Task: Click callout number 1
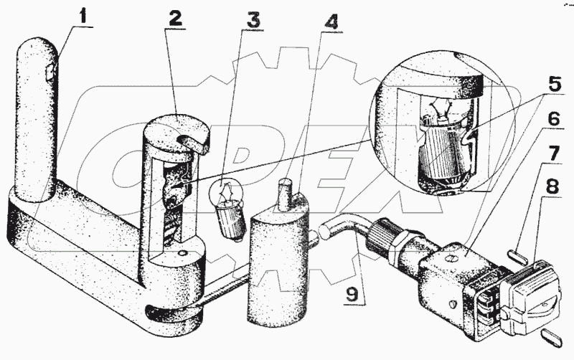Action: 84,16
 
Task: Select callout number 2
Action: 175,17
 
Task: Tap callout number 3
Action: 253,19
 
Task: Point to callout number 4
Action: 331,23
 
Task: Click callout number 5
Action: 555,83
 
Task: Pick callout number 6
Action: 554,118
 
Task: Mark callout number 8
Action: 552,186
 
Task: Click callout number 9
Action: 352,294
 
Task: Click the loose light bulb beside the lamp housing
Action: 227,208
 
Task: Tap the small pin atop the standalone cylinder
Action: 284,194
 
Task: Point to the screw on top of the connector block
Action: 451,259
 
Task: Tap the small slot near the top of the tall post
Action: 53,71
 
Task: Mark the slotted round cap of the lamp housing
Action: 177,133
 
